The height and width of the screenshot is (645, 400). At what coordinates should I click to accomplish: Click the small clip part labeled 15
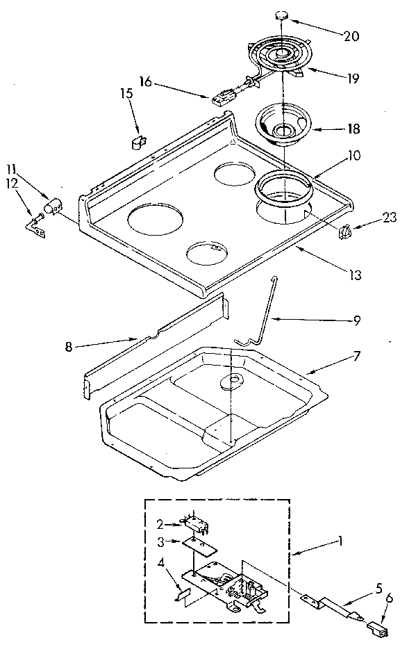click(x=137, y=142)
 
